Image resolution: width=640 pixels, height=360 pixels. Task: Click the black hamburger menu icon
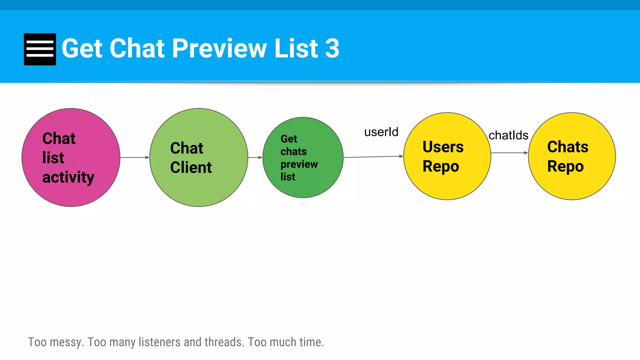[40, 49]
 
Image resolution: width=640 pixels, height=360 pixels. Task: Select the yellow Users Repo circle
[447, 184]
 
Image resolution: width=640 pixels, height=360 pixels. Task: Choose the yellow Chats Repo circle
[572, 184]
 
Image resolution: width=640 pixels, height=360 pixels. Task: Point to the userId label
[381, 132]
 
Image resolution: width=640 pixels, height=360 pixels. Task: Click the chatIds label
[508, 136]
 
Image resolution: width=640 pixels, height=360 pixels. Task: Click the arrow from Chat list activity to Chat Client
[135, 157]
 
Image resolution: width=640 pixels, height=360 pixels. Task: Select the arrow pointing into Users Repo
[373, 157]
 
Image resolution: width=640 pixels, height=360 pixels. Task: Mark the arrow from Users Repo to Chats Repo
[509, 153]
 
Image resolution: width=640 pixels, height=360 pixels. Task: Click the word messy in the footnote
[67, 342]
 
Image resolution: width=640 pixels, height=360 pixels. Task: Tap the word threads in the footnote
[224, 342]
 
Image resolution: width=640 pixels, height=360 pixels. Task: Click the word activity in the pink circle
[68, 177]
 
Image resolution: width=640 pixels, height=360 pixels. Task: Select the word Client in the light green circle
[191, 167]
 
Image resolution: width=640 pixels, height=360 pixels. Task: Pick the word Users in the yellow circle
[443, 147]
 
